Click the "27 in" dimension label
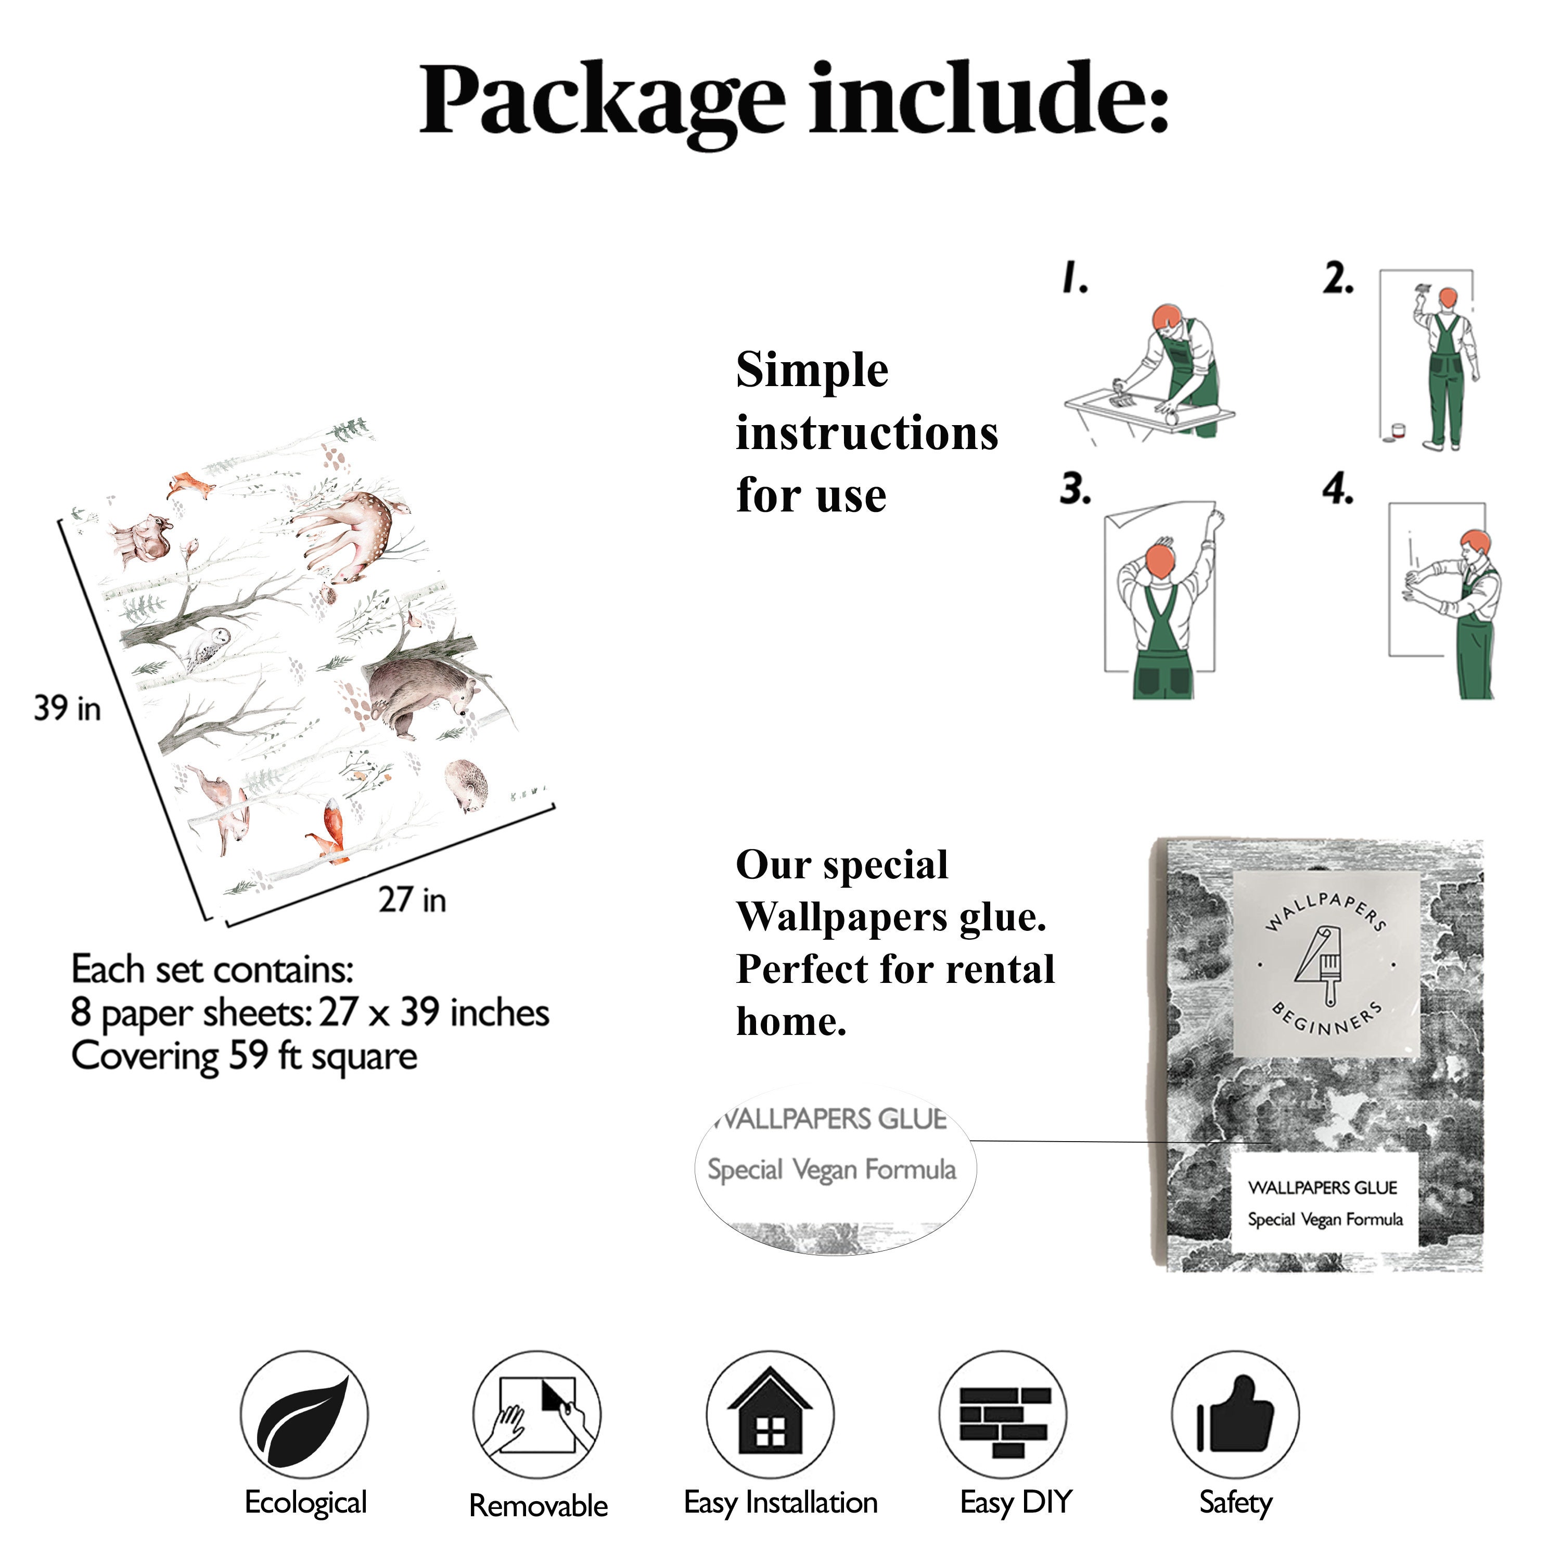(x=412, y=899)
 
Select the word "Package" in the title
(x=602, y=102)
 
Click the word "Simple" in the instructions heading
(x=812, y=372)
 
